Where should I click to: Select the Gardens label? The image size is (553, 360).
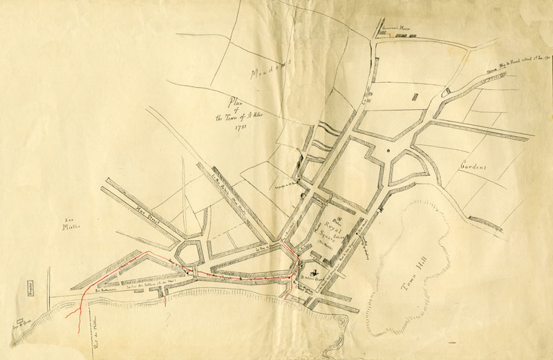472,167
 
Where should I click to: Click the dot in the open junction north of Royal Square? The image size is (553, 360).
388,149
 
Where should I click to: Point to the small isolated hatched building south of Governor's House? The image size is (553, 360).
415,99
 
